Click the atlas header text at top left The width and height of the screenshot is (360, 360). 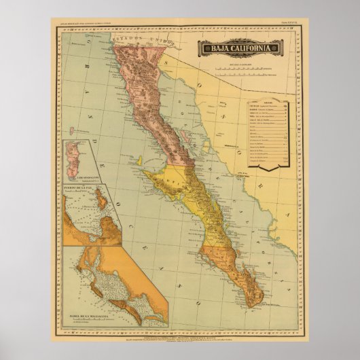(x=84, y=24)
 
